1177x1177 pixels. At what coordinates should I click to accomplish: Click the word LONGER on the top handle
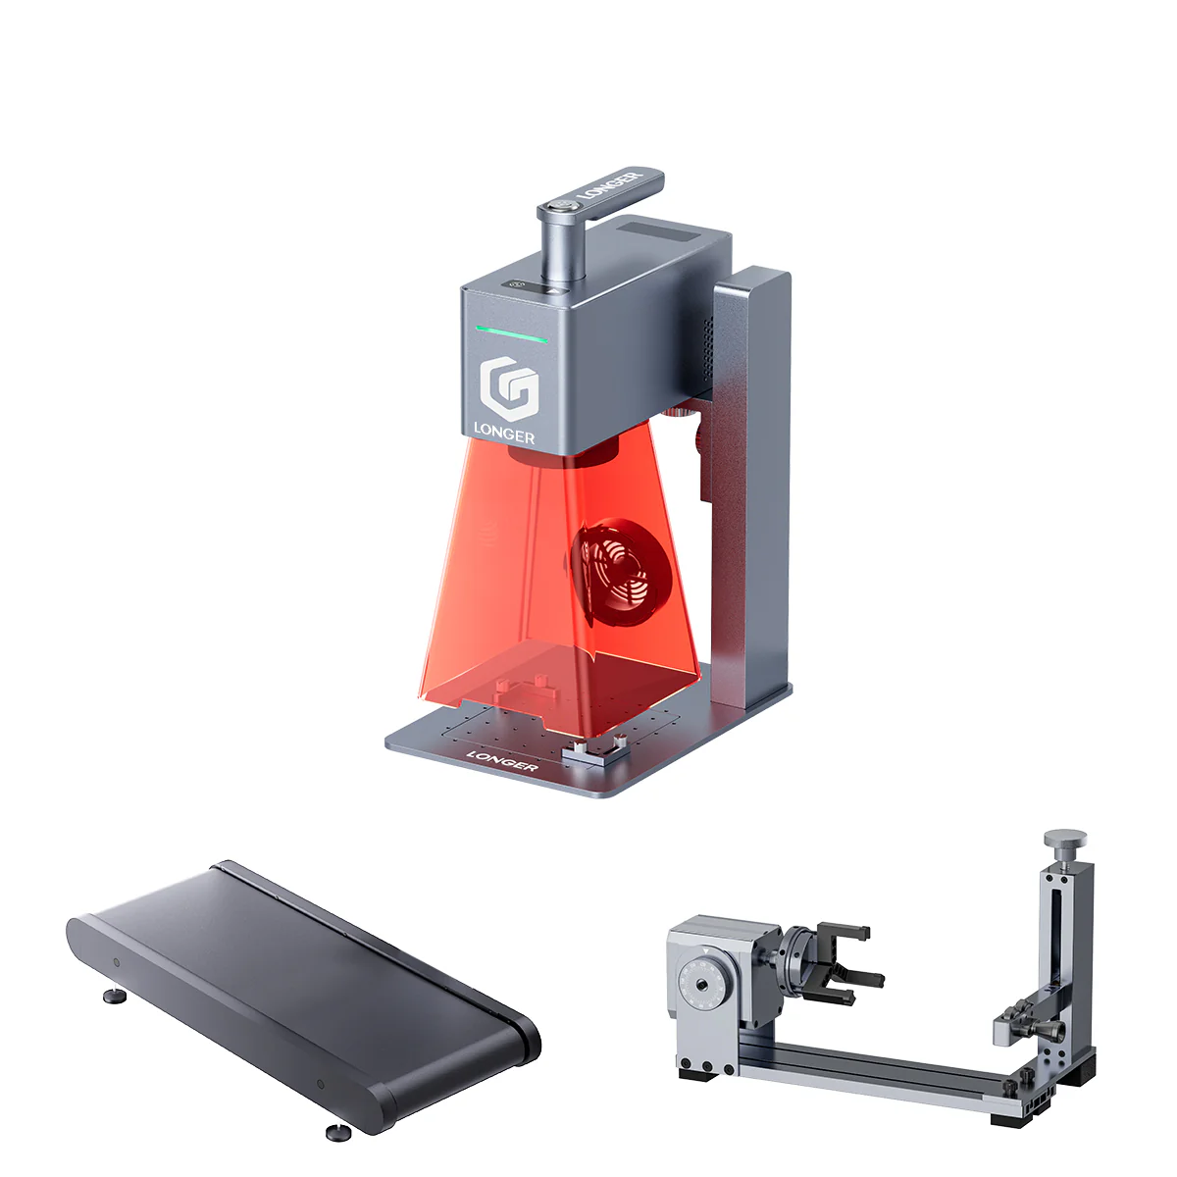(610, 185)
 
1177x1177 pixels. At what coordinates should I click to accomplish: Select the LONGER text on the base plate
(501, 759)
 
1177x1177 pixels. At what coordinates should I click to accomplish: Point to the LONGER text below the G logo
(504, 432)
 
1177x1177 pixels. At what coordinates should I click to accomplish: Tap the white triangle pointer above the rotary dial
(705, 950)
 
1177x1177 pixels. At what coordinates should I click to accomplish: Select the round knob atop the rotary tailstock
(1065, 841)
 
